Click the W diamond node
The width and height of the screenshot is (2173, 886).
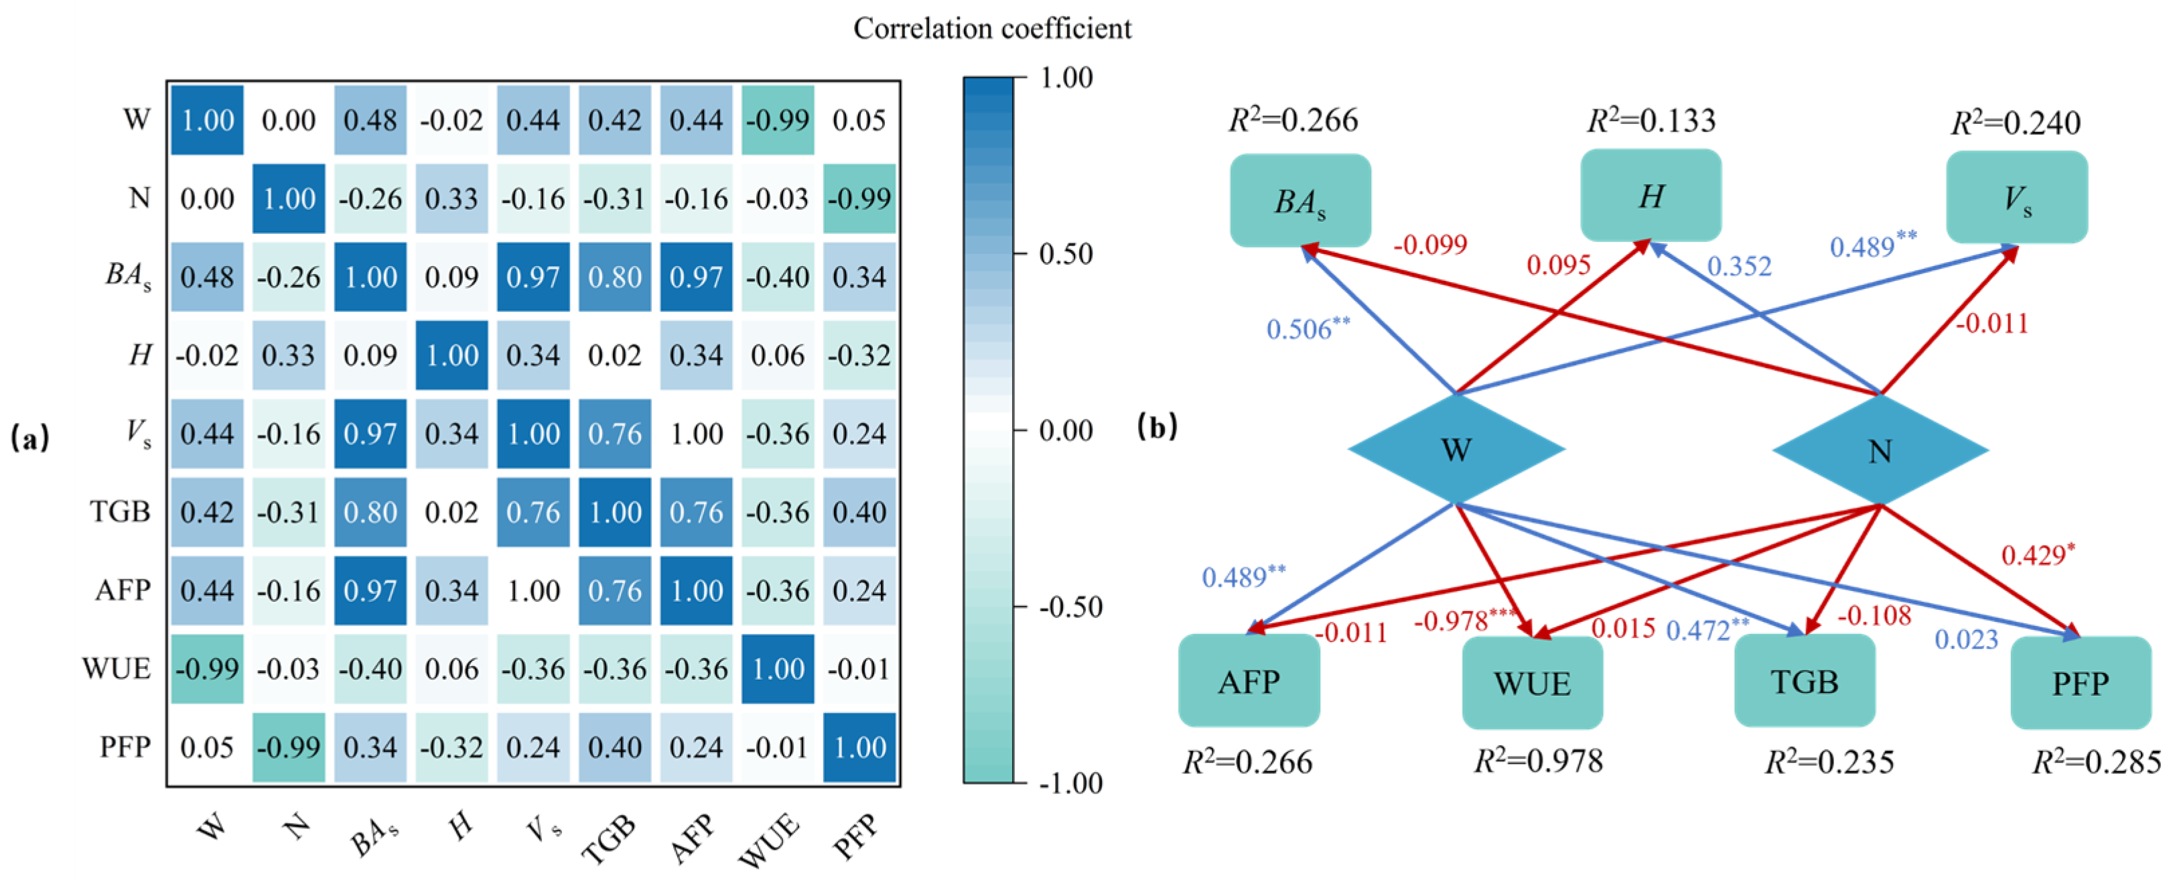tap(1456, 449)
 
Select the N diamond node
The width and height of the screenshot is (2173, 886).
tap(1880, 450)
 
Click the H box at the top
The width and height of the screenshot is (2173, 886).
tap(1650, 196)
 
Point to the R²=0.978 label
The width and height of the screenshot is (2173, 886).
tap(1538, 761)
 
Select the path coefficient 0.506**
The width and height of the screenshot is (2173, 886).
tap(1308, 328)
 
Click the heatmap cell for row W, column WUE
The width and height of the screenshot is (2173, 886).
tap(778, 120)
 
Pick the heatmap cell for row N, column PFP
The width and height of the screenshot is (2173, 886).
tap(859, 198)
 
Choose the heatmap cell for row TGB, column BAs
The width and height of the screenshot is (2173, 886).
tap(370, 512)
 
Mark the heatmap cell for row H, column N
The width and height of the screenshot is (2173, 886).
tap(289, 355)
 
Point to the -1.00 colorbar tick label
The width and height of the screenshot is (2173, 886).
tap(1070, 783)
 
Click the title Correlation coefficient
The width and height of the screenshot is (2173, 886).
tap(992, 29)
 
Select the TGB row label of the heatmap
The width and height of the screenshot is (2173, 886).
tap(120, 511)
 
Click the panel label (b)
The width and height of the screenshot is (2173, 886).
tap(1157, 427)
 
